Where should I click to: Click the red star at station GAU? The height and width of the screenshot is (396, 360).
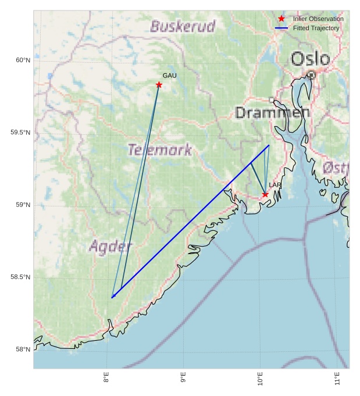[159, 85]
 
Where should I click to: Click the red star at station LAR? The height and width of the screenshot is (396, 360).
[265, 194]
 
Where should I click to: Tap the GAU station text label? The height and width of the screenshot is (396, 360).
[169, 76]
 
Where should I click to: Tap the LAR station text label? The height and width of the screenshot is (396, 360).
[275, 185]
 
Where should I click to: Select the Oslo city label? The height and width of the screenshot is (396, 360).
[310, 59]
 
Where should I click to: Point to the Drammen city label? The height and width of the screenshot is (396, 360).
[272, 113]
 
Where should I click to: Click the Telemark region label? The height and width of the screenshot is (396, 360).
[160, 150]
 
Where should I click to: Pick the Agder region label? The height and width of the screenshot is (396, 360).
[111, 247]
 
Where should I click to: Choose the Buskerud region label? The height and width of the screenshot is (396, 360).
[183, 26]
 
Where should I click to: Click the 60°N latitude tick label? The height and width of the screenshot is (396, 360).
[22, 60]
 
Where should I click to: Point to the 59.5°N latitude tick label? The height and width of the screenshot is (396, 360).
[20, 133]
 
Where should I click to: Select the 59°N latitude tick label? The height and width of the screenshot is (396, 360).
[22, 205]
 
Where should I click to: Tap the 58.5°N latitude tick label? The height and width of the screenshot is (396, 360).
[20, 277]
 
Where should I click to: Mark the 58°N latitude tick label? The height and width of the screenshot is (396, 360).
[22, 349]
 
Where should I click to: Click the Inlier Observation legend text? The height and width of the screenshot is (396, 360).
[318, 19]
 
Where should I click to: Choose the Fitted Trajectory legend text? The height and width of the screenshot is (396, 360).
[316, 28]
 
